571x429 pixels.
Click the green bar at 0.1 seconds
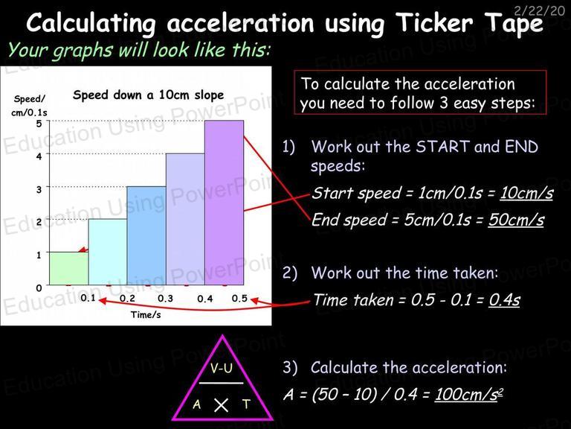click(x=69, y=268)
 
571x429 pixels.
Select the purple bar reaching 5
click(x=224, y=203)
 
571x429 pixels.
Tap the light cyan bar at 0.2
click(x=108, y=252)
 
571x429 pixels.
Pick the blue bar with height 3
click(x=146, y=235)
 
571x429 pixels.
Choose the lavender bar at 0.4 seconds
click(x=185, y=219)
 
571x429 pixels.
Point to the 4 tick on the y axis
click(x=39, y=156)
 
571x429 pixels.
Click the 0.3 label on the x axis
click(x=165, y=299)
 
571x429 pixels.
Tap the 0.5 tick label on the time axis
click(x=239, y=299)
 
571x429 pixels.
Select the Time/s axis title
click(x=146, y=314)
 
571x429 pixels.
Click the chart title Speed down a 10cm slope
click(x=148, y=95)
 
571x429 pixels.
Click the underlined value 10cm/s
click(x=526, y=193)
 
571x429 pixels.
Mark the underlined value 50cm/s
click(x=516, y=220)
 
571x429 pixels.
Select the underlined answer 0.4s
click(x=504, y=300)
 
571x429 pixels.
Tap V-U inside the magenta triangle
click(x=221, y=369)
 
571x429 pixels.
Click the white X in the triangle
click(x=221, y=405)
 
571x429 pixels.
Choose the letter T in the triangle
click(x=247, y=404)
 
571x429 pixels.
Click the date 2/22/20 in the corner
click(x=540, y=10)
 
